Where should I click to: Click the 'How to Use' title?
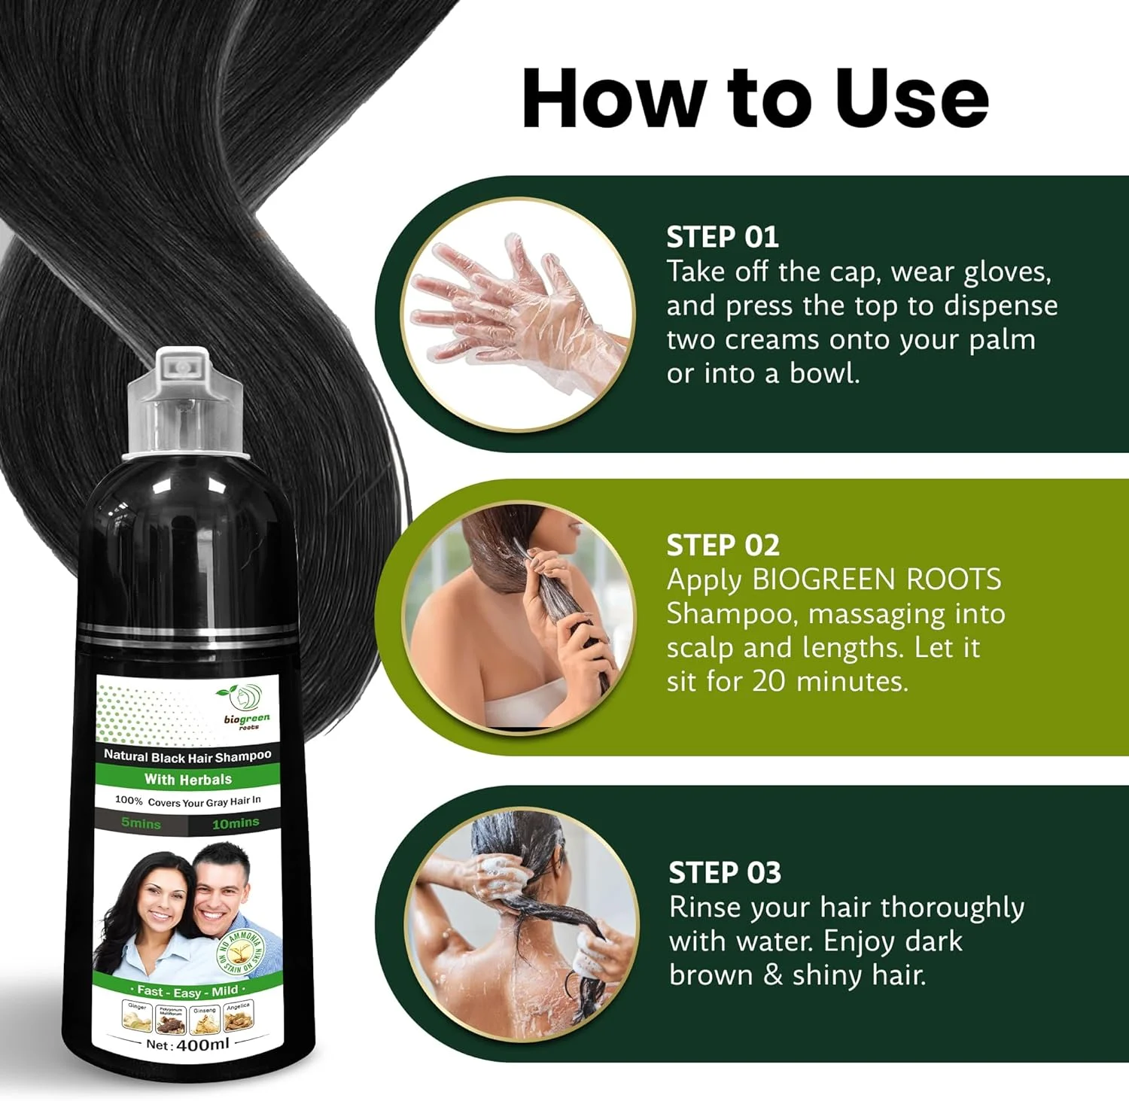click(x=755, y=99)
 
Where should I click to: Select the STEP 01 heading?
click(x=722, y=237)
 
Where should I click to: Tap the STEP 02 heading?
click(x=723, y=545)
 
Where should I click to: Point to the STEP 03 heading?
click(x=725, y=872)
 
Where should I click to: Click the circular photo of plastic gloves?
click(x=518, y=315)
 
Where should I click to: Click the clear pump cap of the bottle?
click(x=184, y=403)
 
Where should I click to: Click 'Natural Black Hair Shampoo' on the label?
click(x=187, y=756)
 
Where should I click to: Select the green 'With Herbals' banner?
click(x=187, y=780)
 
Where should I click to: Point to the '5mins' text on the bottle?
click(x=141, y=823)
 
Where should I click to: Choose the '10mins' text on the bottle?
click(x=235, y=823)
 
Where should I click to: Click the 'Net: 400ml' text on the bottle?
click(x=187, y=1045)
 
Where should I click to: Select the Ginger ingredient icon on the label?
click(x=137, y=1017)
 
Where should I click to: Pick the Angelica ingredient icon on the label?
click(x=238, y=1017)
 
